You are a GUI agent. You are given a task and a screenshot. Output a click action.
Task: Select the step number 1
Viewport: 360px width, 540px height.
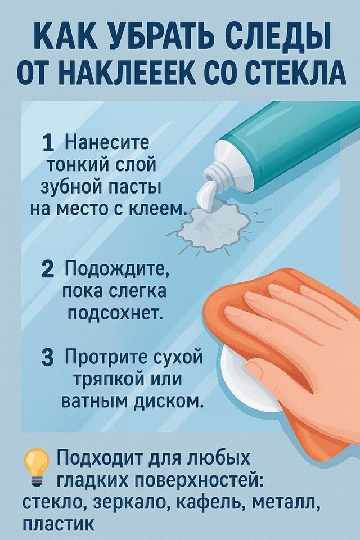(48, 143)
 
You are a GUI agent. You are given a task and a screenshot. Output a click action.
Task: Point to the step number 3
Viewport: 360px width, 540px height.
(48, 358)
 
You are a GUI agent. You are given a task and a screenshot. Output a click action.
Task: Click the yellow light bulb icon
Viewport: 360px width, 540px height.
(36, 467)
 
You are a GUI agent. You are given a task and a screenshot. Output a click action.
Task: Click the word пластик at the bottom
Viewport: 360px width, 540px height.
(58, 524)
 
